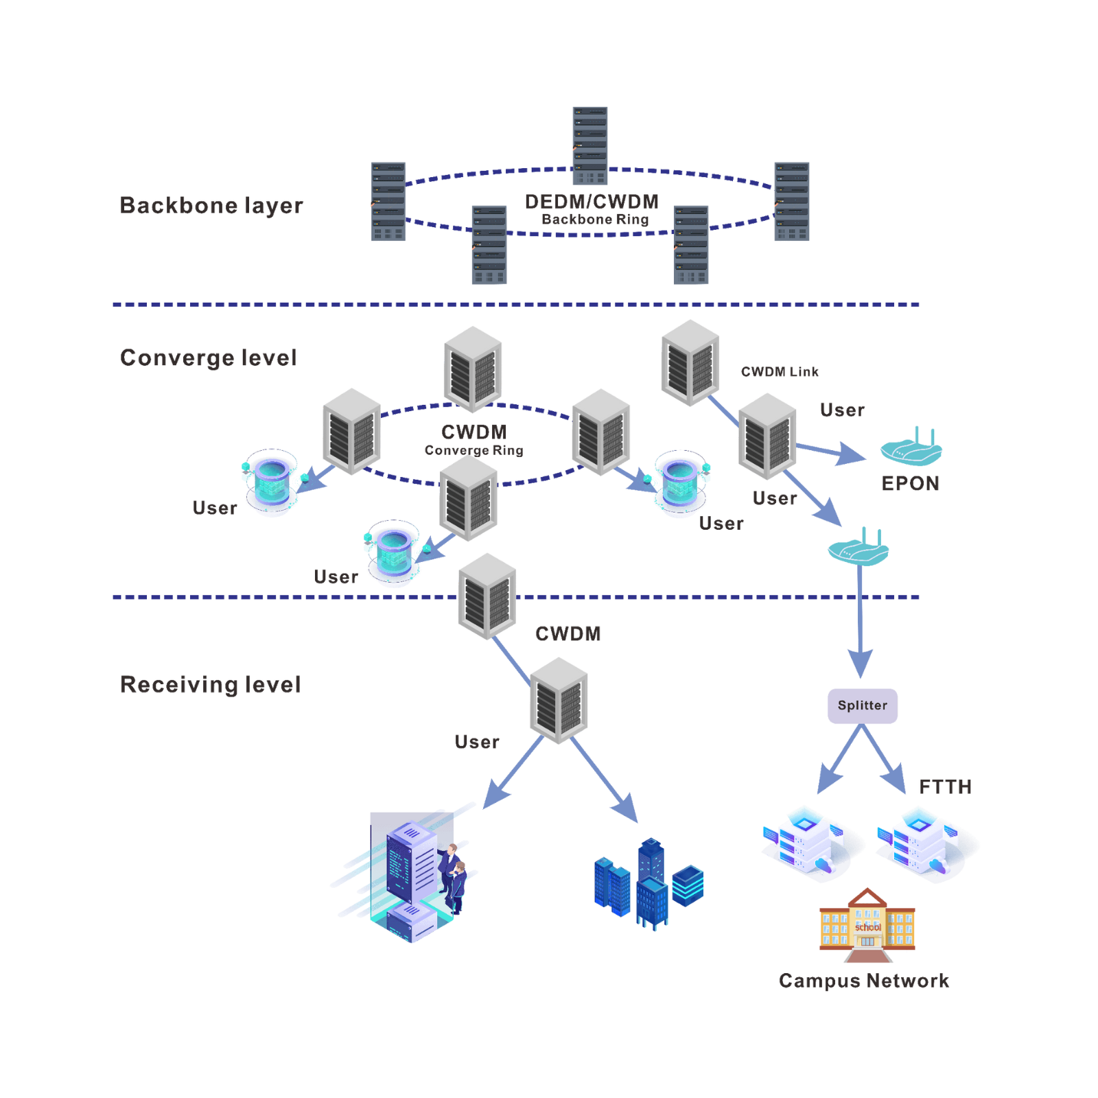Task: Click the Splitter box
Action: [863, 705]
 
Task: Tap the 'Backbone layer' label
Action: [211, 205]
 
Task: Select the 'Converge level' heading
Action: [208, 357]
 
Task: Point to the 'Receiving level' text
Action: [210, 684]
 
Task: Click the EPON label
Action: [911, 484]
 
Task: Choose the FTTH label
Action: [945, 786]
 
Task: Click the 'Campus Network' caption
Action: [864, 981]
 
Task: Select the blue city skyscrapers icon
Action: [649, 883]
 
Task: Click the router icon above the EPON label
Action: [911, 447]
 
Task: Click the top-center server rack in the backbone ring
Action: [590, 146]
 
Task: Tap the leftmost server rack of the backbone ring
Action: [388, 201]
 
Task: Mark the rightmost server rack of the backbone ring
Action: [792, 201]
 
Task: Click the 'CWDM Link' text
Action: [780, 372]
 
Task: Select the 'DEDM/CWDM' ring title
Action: [592, 201]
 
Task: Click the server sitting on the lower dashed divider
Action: [487, 596]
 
